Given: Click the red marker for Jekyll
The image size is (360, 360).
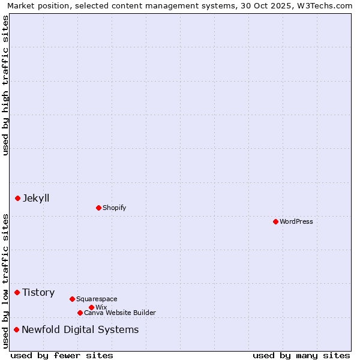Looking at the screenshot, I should point(17,198).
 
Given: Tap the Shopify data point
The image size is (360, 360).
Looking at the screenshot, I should point(98,208).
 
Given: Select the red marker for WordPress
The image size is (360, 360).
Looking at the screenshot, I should point(275,221).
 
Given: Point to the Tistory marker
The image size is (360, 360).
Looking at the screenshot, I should point(17,292).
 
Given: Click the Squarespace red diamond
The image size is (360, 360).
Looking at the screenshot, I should point(72,299).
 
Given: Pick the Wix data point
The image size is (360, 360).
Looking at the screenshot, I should point(91,307).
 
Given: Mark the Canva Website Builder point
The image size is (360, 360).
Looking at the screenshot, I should point(80,313).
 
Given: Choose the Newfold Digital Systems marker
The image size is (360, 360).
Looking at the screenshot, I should point(16,329).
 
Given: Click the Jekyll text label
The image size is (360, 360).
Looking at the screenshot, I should point(36,198).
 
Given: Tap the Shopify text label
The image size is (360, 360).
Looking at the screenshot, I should point(114,208).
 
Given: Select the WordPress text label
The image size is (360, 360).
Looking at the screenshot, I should point(296,221).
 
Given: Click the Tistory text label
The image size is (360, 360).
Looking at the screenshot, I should point(38,292).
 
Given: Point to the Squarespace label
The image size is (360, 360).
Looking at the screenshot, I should point(97,299).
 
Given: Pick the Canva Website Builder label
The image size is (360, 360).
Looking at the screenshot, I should point(120,313).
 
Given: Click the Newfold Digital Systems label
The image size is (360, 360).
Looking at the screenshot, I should point(80,329).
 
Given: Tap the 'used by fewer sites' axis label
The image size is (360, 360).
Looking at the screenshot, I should point(62,355).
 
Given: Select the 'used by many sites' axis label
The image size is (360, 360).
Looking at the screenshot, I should point(301,355).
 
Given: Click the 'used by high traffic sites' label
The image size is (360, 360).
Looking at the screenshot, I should point(5,85).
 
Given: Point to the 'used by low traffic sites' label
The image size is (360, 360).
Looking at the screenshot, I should point(5,281).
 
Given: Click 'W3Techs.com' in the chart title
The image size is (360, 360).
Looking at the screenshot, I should point(326,5).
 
